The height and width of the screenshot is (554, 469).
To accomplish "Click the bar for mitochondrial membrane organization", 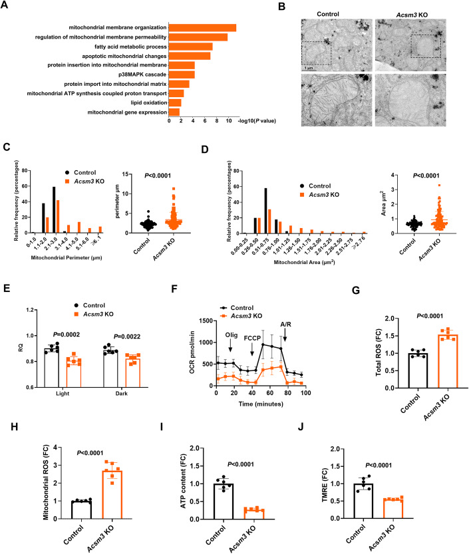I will pyautogui.click(x=202, y=27).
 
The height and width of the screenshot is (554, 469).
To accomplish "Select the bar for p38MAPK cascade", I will pyautogui.click(x=182, y=74).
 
